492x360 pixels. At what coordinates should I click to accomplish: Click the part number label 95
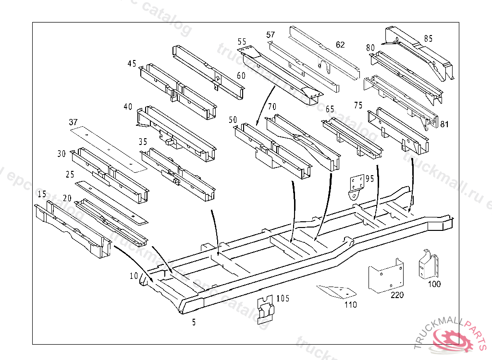click(369, 179)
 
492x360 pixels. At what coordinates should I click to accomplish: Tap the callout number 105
click(283, 299)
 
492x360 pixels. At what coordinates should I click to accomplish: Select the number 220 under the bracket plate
click(397, 295)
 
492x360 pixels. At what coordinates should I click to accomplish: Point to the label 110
click(351, 304)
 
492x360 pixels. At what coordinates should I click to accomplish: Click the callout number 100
click(434, 284)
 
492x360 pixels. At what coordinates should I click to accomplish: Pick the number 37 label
click(73, 122)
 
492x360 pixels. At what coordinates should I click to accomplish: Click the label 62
click(340, 45)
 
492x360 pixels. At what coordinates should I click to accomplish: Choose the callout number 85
click(428, 38)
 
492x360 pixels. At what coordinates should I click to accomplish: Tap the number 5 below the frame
click(194, 323)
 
